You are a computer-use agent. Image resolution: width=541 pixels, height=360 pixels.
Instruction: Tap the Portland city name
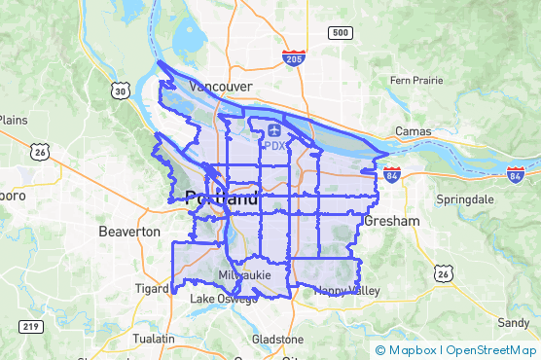pos(222,198)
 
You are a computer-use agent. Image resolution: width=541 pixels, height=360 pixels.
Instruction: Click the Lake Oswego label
pos(224,299)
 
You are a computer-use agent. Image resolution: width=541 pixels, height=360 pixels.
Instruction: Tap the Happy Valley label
pos(346,291)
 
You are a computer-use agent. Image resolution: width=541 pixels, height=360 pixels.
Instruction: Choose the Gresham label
pos(391,222)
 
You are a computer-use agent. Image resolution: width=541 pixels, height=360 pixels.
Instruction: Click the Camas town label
pos(414,131)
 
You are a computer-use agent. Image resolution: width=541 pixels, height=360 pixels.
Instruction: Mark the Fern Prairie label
pos(415,80)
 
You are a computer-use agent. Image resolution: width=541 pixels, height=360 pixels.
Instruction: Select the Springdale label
pos(464,198)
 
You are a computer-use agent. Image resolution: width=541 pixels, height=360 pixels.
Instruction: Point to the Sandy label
pos(513,322)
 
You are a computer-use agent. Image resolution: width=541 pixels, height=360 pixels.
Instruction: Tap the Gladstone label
pos(277,340)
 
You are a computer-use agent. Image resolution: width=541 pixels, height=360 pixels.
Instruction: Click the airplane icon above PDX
pos(274,129)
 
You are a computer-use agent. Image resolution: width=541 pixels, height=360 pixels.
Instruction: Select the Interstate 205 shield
pos(293,58)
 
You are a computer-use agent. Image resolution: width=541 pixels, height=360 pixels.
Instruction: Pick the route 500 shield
pos(340,33)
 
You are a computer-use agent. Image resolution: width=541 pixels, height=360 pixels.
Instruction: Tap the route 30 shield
pos(120,90)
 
